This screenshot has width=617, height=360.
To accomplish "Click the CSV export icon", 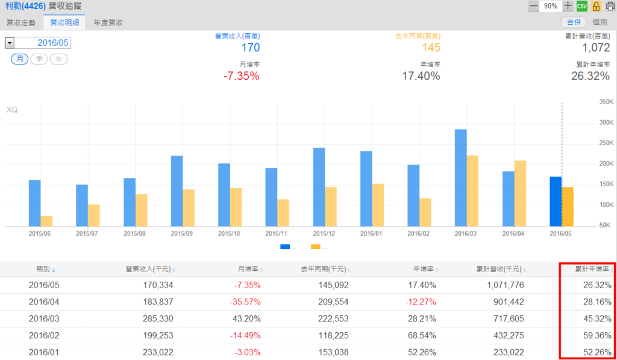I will click(581, 6).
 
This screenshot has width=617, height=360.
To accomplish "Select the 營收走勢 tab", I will click(21, 22).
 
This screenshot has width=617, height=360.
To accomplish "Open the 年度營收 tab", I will click(108, 22).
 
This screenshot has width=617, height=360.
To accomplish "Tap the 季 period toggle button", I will click(39, 59).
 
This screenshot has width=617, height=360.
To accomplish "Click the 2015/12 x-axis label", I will click(319, 233).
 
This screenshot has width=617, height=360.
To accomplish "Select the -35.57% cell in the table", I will click(245, 302).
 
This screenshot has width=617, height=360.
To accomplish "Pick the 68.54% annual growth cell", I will click(421, 335).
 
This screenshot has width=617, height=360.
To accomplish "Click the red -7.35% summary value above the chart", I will click(240, 76).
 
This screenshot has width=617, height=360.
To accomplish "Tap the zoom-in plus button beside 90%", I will click(568, 6).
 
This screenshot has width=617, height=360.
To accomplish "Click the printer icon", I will click(610, 6).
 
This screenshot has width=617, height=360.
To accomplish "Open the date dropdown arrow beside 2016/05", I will click(9, 43).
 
